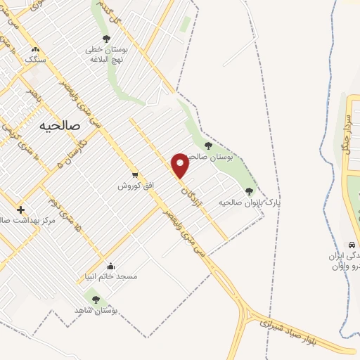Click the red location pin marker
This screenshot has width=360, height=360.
coord(181,165)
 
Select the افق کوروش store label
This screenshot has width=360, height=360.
coord(135,186)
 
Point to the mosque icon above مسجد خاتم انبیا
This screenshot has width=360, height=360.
coord(110,266)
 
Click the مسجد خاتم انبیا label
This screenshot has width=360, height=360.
coord(111,276)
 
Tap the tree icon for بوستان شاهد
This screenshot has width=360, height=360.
coord(96,300)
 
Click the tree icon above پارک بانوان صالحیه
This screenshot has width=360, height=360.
coord(249,191)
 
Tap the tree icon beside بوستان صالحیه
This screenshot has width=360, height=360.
coord(207,146)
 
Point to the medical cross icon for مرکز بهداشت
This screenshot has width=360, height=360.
coord(20,210)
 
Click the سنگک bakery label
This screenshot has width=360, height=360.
coord(35,60)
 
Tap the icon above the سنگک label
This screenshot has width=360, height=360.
coord(35,50)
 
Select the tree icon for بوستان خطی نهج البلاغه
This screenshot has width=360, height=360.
coord(106,39)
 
